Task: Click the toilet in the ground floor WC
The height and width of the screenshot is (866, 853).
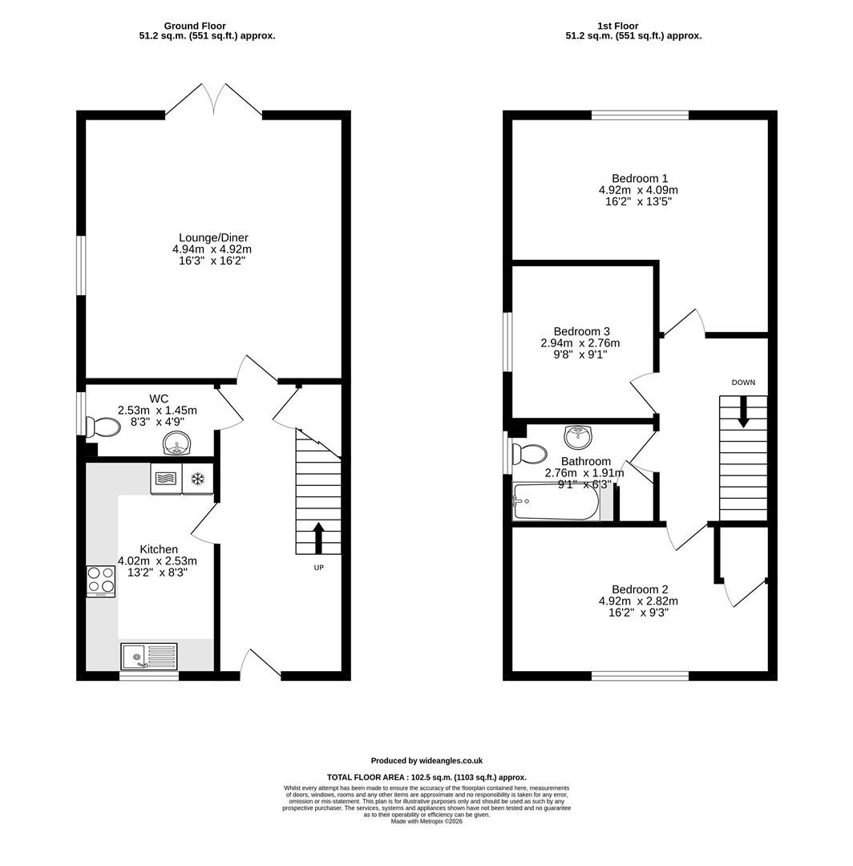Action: (103, 427)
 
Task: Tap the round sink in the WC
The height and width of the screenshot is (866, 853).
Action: (177, 443)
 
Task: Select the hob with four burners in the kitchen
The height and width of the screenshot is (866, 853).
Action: (101, 582)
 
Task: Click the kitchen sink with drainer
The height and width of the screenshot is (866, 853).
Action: (148, 656)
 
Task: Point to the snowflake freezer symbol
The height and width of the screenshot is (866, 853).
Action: (198, 480)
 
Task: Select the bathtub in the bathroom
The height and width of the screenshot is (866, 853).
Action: (556, 501)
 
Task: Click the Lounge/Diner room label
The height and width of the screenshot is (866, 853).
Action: (214, 238)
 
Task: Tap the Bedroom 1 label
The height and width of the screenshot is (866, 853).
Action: (640, 178)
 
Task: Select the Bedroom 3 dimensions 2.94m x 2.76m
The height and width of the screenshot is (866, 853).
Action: (580, 343)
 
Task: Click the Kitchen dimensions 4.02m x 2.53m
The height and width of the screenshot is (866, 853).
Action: (157, 561)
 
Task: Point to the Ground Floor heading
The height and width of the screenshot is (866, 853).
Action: (195, 26)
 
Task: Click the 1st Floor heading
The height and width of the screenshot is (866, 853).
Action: (618, 26)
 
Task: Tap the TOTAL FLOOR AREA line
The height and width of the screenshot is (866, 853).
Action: (426, 777)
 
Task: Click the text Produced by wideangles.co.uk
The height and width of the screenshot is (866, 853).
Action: (426, 760)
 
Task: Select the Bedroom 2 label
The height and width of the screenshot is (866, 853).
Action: (640, 589)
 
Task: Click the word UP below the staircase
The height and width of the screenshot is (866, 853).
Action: (318, 567)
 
